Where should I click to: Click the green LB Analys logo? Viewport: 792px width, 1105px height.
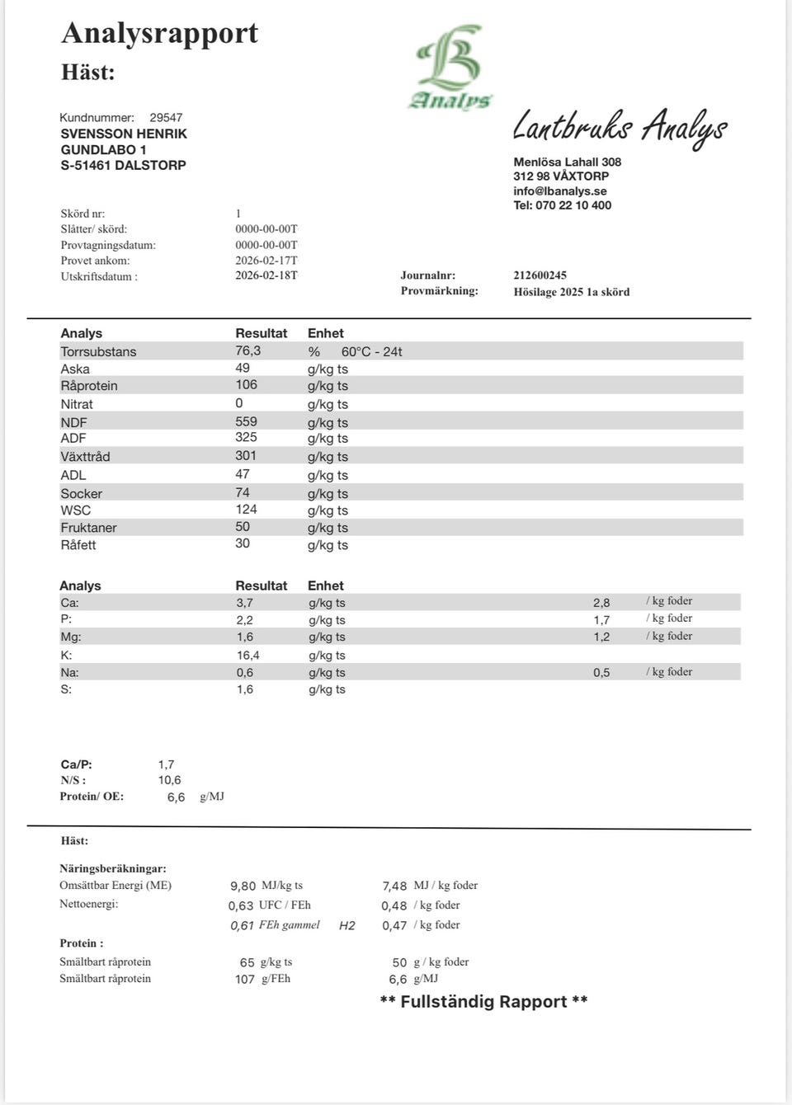click(x=450, y=67)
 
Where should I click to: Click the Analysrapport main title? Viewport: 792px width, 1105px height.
click(x=159, y=33)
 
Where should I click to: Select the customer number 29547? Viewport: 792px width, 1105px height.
click(x=166, y=118)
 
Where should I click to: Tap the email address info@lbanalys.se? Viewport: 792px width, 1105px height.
click(x=560, y=191)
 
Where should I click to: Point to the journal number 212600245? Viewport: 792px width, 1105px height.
click(x=540, y=275)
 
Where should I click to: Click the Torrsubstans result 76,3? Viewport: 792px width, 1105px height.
click(x=247, y=351)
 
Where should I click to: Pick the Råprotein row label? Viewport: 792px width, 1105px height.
click(x=89, y=386)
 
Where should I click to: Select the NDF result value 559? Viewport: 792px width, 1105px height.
click(x=246, y=421)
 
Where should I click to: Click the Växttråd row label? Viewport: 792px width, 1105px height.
click(x=85, y=457)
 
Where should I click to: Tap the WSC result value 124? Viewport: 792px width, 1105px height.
click(x=246, y=510)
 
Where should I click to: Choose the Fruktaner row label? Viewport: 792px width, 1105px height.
click(x=88, y=528)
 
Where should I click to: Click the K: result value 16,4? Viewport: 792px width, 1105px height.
click(x=247, y=656)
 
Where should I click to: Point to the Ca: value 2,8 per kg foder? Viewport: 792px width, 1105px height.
click(x=601, y=603)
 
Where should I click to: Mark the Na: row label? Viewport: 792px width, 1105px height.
click(x=69, y=673)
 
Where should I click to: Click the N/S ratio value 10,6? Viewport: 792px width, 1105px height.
click(x=169, y=780)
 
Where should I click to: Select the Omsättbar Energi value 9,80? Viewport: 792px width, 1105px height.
click(x=243, y=886)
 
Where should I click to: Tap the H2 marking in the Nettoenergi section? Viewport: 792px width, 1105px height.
click(x=347, y=926)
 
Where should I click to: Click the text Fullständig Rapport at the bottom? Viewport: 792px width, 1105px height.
click(x=483, y=1002)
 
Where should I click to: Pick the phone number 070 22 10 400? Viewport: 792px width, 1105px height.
click(x=573, y=205)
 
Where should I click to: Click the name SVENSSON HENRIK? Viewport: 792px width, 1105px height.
click(x=124, y=134)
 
